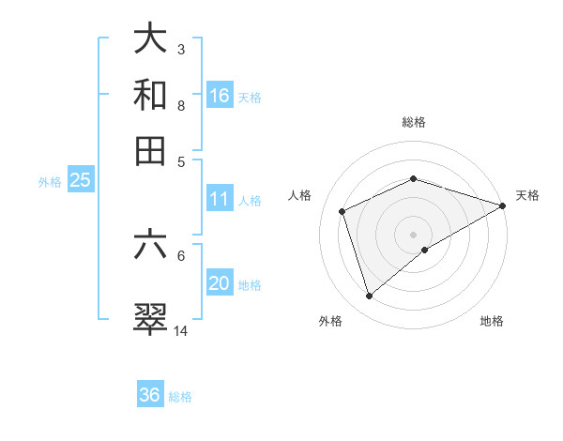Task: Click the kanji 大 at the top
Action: [x=150, y=40]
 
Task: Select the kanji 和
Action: [x=150, y=95]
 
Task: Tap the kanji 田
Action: [x=150, y=150]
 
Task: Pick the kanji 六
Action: [x=150, y=245]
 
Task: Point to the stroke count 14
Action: [x=181, y=331]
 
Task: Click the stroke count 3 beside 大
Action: [x=180, y=49]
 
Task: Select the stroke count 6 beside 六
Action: [x=180, y=254]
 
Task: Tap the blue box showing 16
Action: [x=220, y=95]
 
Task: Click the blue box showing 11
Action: [x=220, y=199]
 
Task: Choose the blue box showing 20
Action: [x=220, y=283]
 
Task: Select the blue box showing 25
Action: [x=80, y=181]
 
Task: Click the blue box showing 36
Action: [x=150, y=395]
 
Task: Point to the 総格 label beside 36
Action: [x=180, y=397]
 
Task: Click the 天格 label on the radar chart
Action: [x=527, y=195]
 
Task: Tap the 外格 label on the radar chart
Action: [x=329, y=321]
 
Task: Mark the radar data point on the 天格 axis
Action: [x=503, y=205]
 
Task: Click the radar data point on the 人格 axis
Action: [x=342, y=211]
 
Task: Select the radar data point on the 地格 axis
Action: [x=425, y=250]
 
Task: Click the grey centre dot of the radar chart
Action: [x=413, y=234]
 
